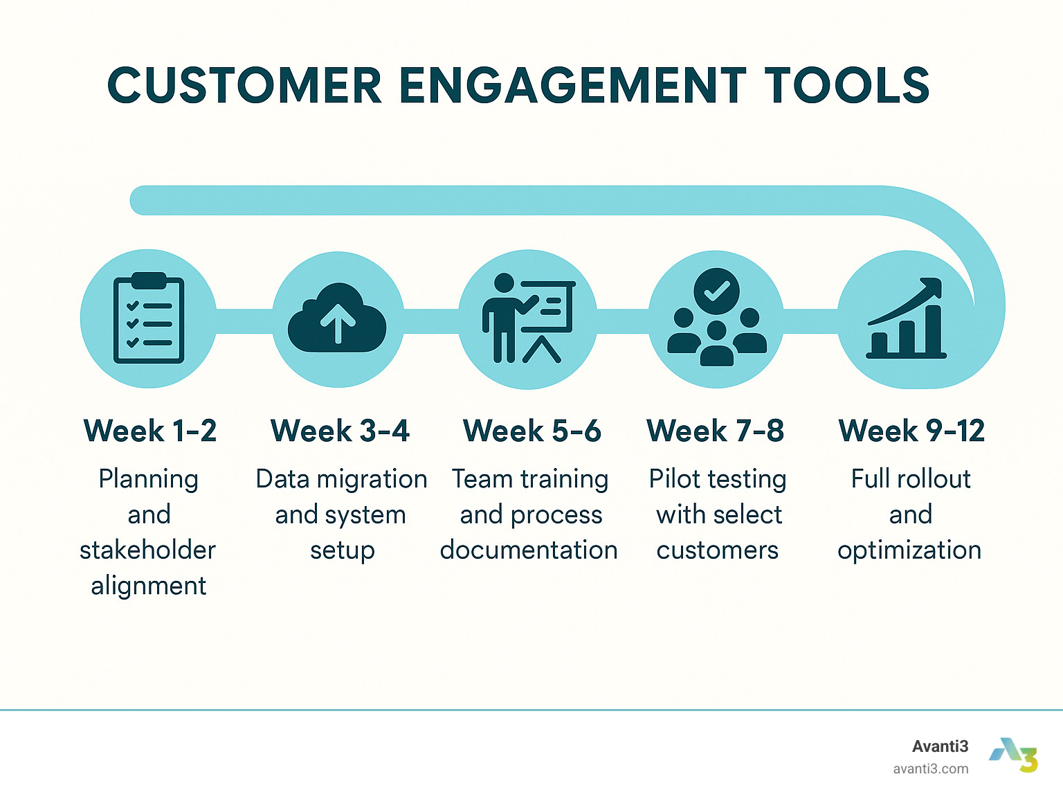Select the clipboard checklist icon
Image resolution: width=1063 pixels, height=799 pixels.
149,318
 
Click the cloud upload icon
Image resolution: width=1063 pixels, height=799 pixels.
337,319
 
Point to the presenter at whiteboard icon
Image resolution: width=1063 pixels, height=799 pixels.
528,318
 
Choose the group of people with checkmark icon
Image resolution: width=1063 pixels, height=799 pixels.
717,318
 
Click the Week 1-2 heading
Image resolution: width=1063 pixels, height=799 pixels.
150,431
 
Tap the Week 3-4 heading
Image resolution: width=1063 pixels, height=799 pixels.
340,431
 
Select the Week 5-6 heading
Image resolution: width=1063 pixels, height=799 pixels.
531,431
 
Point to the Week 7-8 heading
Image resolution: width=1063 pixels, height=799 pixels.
716,431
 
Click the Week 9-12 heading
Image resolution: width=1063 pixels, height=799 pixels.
911,431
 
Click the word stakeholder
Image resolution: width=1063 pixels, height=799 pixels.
147,550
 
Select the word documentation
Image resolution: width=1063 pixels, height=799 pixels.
529,550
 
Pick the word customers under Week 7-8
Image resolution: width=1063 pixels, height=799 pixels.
718,550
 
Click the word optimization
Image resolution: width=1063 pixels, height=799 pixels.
909,550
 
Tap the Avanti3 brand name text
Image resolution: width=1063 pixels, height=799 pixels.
940,746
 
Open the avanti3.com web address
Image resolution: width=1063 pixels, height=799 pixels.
931,769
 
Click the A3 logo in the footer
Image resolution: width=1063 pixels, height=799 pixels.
1014,755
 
